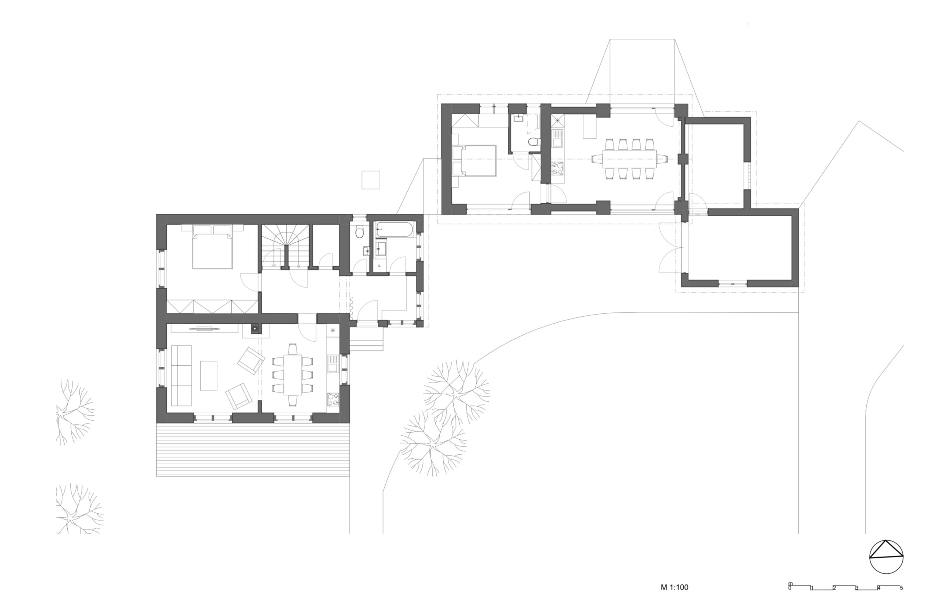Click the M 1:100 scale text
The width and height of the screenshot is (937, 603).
pyautogui.click(x=674, y=587)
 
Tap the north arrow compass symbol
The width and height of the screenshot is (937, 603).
pyautogui.click(x=886, y=557)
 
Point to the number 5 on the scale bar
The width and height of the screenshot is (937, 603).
pyautogui.click(x=901, y=588)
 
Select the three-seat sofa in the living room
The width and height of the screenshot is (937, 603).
pyautogui.click(x=181, y=376)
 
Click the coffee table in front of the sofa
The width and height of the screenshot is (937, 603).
pyautogui.click(x=209, y=376)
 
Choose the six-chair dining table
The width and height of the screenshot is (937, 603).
pyautogui.click(x=292, y=374)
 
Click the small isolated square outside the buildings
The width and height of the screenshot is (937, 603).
pyautogui.click(x=371, y=180)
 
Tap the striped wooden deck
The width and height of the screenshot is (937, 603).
pyautogui.click(x=253, y=450)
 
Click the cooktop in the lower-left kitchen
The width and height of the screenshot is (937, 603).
pyautogui.click(x=333, y=400)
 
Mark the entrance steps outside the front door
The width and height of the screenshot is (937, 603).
pyautogui.click(x=366, y=339)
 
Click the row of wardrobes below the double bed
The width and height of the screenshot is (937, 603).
pyautogui.click(x=212, y=306)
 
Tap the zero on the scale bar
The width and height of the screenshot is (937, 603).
pyautogui.click(x=790, y=588)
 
